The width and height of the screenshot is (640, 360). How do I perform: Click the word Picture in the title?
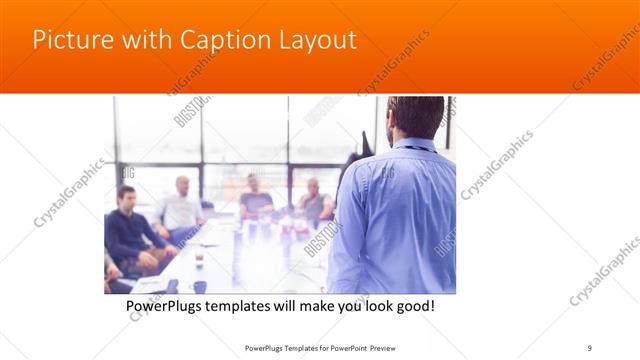[69, 41]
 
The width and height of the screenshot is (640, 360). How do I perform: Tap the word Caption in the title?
[226, 41]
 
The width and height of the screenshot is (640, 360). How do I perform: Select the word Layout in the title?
[318, 41]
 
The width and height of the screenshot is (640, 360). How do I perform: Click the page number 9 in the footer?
[590, 347]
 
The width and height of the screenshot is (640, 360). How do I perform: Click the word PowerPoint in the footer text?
[369, 347]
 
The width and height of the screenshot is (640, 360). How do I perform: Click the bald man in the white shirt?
[181, 207]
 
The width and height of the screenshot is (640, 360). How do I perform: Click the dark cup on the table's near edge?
[200, 287]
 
